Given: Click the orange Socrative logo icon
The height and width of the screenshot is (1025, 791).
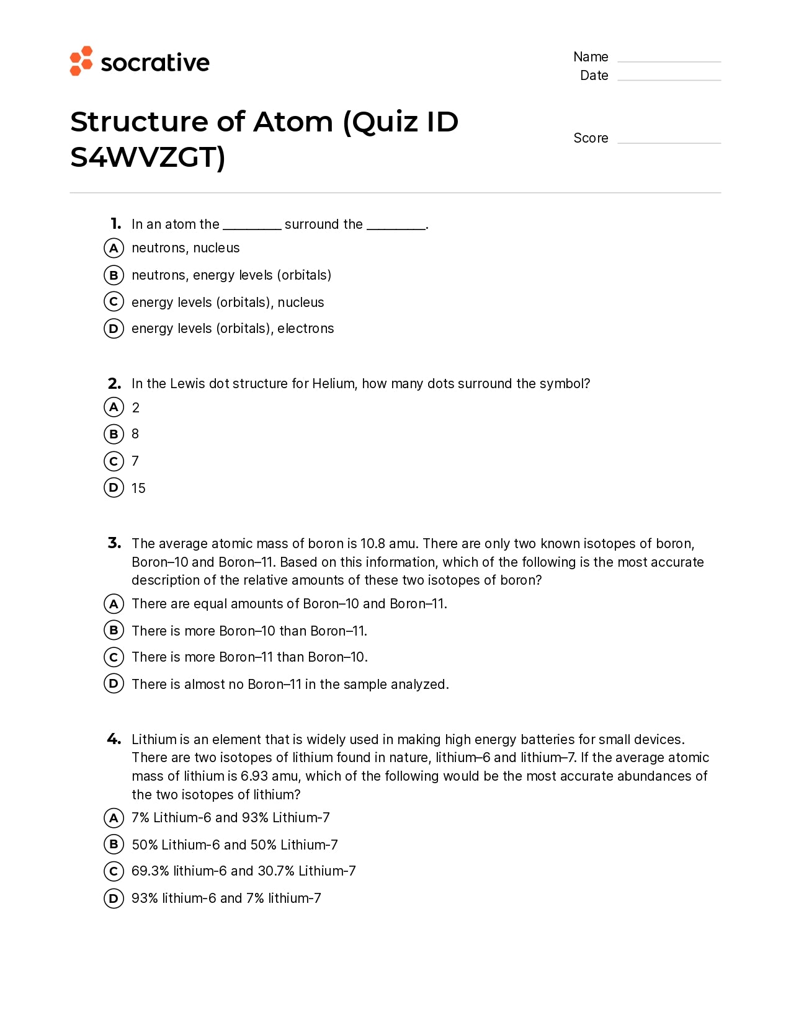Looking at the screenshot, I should [x=81, y=61].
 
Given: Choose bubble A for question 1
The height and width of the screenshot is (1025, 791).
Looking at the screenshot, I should [x=114, y=248].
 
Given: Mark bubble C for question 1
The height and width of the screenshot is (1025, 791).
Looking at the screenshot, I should [x=114, y=302].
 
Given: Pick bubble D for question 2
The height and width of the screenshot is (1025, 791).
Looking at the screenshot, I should [x=114, y=487].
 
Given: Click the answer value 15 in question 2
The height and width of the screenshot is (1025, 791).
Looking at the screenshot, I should [x=138, y=489].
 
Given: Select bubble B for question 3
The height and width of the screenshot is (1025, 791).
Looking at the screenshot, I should [x=114, y=630].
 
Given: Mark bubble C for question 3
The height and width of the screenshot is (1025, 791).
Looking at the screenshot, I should [x=114, y=657].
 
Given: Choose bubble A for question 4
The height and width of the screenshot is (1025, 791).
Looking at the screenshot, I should [x=114, y=817].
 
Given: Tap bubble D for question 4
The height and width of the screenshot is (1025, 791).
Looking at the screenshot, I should [x=114, y=898].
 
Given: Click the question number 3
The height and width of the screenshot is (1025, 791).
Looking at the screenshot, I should [x=114, y=543].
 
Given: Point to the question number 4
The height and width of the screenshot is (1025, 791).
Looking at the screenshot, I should [x=114, y=739].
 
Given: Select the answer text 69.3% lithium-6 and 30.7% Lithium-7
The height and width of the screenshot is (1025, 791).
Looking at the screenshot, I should [x=243, y=871].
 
